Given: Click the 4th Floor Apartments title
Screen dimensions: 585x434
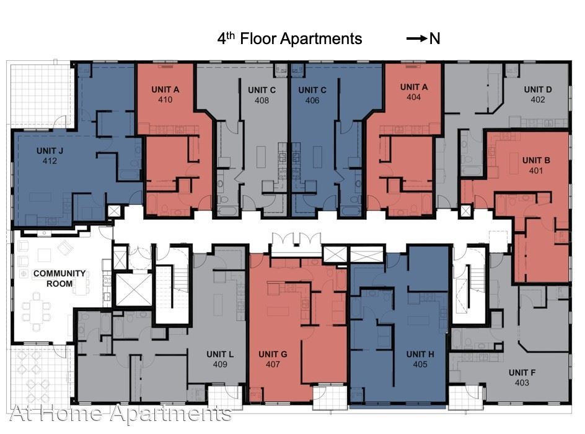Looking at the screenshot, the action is click(x=289, y=38).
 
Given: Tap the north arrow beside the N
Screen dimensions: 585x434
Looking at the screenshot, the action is click(x=416, y=38).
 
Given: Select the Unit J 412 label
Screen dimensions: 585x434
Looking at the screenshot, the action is click(x=50, y=156).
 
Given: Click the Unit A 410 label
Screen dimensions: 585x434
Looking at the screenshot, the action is click(x=165, y=94).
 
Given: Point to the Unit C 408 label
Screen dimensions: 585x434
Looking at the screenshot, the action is click(x=262, y=96).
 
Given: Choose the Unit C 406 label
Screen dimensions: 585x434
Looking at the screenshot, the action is click(x=312, y=96).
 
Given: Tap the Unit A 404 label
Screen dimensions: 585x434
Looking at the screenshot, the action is click(x=414, y=92).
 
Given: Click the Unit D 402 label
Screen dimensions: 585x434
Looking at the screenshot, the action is click(x=538, y=94).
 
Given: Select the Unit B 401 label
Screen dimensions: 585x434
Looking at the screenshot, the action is click(x=536, y=165).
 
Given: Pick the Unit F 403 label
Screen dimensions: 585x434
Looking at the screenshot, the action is click(x=522, y=377).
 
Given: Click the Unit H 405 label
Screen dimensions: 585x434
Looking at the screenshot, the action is click(x=420, y=359).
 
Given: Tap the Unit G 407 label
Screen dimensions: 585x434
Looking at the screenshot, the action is click(x=273, y=359).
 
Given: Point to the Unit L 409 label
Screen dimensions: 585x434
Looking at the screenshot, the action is click(x=220, y=359).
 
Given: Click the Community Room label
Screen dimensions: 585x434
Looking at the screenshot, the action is click(x=59, y=279).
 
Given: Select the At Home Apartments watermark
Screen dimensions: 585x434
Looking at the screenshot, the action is click(x=120, y=413).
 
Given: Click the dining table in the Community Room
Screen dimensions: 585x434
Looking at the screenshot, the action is click(x=36, y=312).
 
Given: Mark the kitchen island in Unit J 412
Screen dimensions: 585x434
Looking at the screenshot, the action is click(x=40, y=197).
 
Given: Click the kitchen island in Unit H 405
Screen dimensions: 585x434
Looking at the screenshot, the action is click(x=415, y=321).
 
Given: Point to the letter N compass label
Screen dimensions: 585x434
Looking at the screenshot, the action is click(x=434, y=38).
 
